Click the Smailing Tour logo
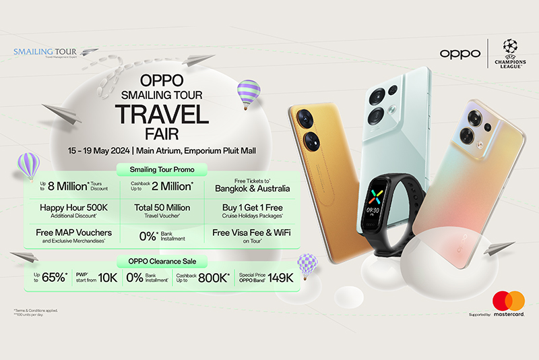tap(46, 52)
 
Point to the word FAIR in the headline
tap(161, 134)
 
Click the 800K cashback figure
tap(214, 278)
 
